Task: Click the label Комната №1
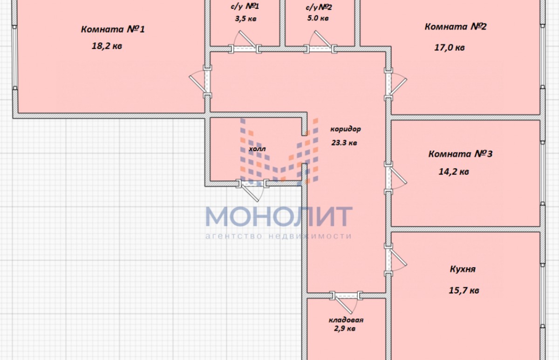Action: (x=113, y=29)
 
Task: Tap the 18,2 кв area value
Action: (x=107, y=46)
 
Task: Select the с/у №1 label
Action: (x=245, y=6)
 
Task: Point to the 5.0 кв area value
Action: (x=318, y=18)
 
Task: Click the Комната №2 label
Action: (x=456, y=27)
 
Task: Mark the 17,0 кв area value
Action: (x=450, y=48)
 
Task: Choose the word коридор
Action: (x=345, y=129)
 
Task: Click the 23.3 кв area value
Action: (x=344, y=143)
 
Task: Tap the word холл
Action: (x=257, y=149)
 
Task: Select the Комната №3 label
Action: (x=460, y=154)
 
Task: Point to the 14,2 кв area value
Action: (x=454, y=172)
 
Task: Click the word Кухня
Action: (x=463, y=269)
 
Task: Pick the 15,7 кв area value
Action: (x=464, y=291)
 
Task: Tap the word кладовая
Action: (x=346, y=320)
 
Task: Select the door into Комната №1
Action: (x=200, y=82)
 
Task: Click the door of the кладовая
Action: (x=346, y=302)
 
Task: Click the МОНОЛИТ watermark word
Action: (x=279, y=216)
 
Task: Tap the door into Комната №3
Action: (x=395, y=178)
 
